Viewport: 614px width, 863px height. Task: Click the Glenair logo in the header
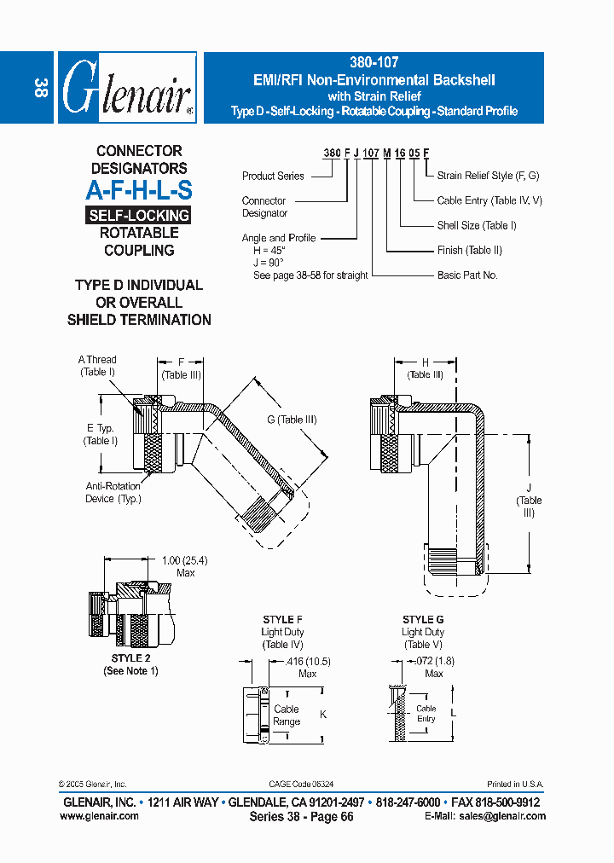(x=127, y=88)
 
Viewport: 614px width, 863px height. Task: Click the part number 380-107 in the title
(x=374, y=62)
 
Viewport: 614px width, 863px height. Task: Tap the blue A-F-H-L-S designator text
(x=139, y=191)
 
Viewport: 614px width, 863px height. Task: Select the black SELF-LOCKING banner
(x=139, y=215)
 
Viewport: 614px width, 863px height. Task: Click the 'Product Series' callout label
(x=273, y=176)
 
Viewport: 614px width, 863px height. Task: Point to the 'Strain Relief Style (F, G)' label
(x=488, y=176)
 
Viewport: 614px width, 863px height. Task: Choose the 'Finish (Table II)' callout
(x=469, y=250)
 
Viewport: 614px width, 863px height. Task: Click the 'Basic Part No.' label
(x=467, y=275)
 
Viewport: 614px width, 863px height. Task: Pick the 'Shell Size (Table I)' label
(x=477, y=225)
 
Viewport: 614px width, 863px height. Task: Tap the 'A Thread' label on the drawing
(x=97, y=360)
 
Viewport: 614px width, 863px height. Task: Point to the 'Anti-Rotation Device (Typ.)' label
(x=113, y=492)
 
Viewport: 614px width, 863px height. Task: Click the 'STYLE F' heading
(x=281, y=620)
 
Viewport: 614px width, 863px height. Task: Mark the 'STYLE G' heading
(x=423, y=620)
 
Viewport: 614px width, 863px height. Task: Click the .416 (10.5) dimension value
(x=309, y=662)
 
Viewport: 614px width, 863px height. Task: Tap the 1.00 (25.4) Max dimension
(x=185, y=561)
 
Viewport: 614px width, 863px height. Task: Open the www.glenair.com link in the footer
(x=99, y=816)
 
